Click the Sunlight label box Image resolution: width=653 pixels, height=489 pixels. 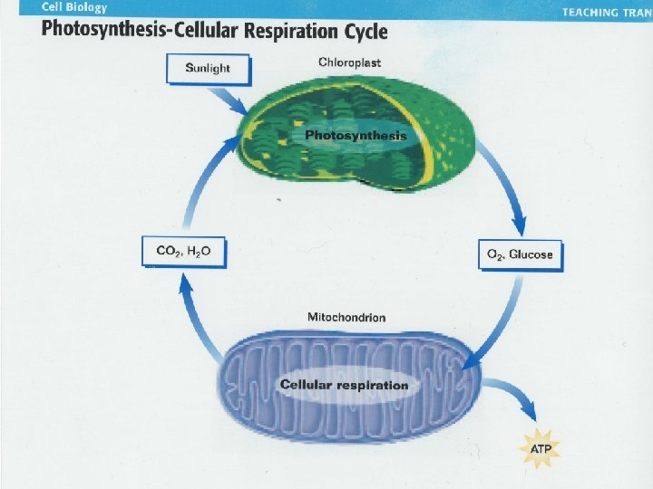tap(207, 68)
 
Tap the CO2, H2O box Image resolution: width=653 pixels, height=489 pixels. tap(183, 251)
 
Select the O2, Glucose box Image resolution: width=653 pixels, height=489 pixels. tap(520, 255)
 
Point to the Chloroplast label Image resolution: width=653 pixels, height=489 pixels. tap(349, 62)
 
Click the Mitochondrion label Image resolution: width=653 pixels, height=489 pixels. tap(346, 318)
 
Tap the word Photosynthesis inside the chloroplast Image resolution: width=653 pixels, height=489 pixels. tap(356, 136)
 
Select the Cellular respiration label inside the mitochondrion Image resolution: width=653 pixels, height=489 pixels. tap(345, 385)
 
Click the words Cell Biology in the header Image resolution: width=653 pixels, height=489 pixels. tap(74, 8)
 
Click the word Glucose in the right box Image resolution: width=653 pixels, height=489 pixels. tap(531, 255)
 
